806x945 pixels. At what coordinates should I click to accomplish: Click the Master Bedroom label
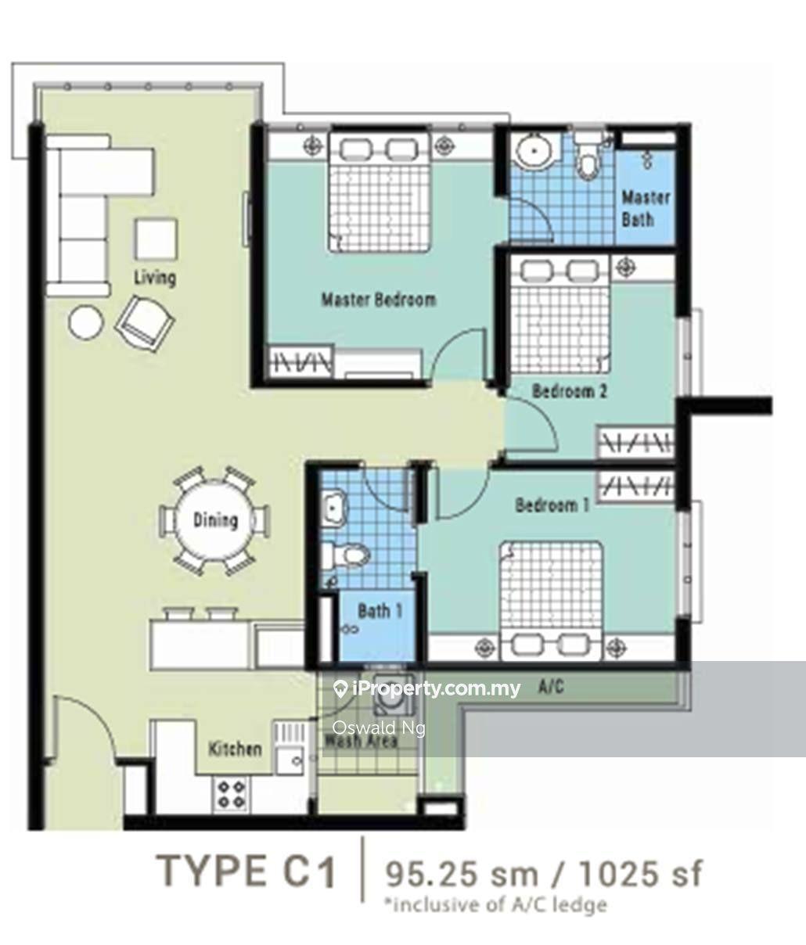coord(378,300)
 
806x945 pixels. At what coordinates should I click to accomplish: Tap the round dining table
coord(215,520)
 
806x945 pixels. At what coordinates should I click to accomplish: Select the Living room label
coord(155,278)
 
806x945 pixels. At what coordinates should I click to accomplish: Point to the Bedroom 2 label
coord(570,391)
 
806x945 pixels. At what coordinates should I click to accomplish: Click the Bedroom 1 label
coord(552,505)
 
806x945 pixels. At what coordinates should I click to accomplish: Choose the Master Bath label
coord(645,208)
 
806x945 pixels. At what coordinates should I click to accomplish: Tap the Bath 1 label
coord(380,611)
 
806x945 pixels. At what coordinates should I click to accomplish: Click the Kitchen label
coord(235,749)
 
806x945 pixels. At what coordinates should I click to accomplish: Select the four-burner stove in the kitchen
coord(231,795)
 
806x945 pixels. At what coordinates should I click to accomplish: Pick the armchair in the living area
coord(146,323)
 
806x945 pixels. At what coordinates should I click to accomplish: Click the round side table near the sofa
coord(86,322)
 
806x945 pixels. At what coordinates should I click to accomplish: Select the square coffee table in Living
coord(156,239)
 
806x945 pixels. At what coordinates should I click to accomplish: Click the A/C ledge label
coord(551,687)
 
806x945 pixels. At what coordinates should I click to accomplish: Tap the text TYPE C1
coord(247,871)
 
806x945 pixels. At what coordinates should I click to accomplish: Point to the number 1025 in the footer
coord(617,874)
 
